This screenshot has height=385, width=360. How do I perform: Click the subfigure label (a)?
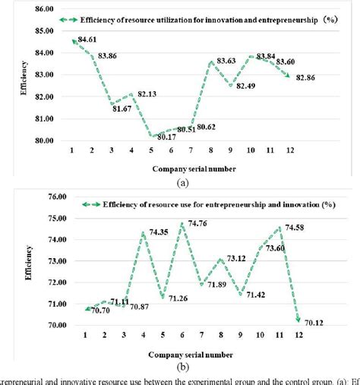pos(179,182)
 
